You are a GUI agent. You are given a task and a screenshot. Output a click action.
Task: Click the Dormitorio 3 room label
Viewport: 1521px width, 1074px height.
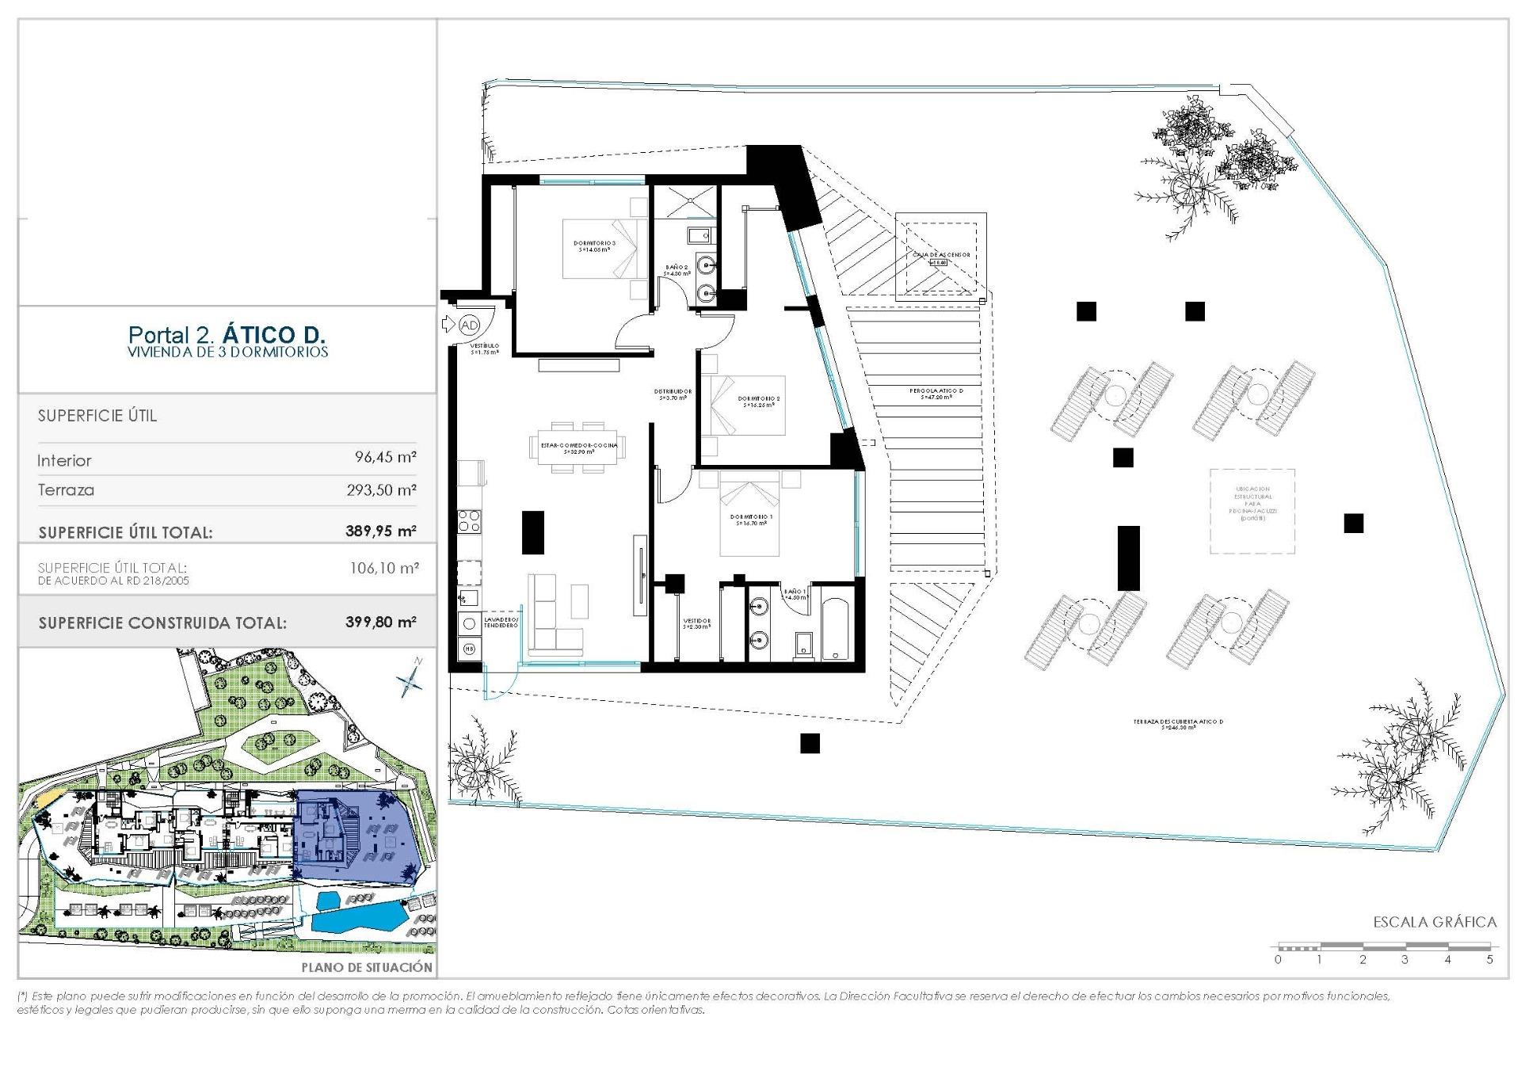[594, 246]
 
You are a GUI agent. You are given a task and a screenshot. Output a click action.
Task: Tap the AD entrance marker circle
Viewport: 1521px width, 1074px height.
[469, 325]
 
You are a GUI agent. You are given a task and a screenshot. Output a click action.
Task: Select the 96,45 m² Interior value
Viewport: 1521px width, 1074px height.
[385, 457]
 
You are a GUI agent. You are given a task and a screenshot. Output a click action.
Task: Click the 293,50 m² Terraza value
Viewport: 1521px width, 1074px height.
[381, 490]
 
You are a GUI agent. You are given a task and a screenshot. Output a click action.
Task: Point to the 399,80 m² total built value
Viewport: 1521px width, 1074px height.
[380, 623]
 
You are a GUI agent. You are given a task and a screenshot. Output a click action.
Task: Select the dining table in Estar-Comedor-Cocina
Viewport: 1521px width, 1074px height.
[578, 447]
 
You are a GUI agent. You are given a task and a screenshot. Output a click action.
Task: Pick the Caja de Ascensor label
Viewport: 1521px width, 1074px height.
[940, 255]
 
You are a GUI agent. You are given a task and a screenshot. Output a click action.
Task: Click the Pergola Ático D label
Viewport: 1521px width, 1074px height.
[936, 392]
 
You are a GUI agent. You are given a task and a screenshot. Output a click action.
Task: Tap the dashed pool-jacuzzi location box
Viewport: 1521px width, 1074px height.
[1252, 511]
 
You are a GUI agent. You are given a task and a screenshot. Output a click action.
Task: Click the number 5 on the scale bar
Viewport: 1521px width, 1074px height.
[1489, 959]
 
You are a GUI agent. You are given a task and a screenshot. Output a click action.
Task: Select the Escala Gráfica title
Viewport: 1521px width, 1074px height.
[1435, 922]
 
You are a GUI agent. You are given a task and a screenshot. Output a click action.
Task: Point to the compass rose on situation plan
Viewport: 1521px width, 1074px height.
[410, 679]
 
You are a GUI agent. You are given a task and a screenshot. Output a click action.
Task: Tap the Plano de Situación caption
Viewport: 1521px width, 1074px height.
[367, 967]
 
